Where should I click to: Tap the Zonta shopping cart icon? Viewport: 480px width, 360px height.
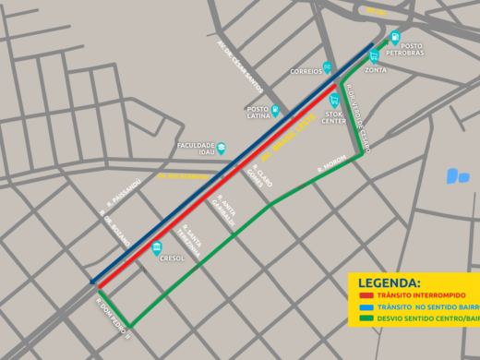[374, 56]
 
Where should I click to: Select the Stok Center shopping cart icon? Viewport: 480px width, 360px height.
[334, 100]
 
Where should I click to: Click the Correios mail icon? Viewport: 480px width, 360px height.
[327, 66]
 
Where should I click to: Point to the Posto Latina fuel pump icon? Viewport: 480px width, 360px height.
[275, 111]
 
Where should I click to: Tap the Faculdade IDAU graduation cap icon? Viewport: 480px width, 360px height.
[221, 148]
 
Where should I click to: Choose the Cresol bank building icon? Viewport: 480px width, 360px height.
[158, 247]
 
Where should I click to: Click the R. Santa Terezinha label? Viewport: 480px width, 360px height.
[191, 243]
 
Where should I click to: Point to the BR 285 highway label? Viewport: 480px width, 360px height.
[376, 11]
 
